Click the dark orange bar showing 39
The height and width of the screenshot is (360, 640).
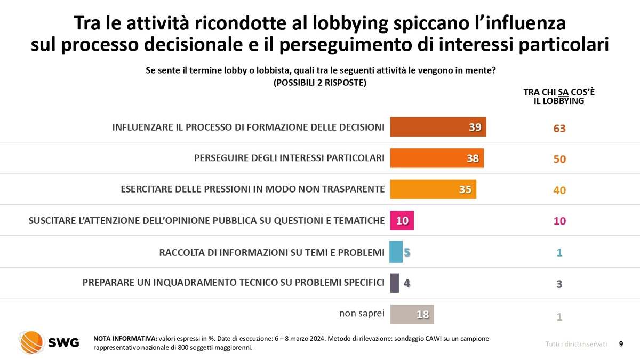click(x=438, y=127)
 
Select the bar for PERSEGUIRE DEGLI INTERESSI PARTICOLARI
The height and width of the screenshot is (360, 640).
click(x=437, y=158)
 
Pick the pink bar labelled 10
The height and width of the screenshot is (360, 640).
click(x=402, y=221)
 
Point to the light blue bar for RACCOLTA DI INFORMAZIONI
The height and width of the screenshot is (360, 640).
click(x=396, y=252)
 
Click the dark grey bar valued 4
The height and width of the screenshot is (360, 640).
click(x=395, y=283)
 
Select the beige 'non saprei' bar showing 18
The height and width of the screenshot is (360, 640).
click(x=412, y=314)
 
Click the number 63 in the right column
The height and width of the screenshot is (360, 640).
click(x=559, y=129)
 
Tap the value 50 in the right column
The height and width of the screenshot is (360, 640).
click(x=559, y=159)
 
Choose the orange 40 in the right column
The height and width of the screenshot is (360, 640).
click(x=559, y=190)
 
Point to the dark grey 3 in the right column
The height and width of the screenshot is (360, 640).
click(x=559, y=284)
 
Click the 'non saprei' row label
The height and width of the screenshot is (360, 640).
click(x=362, y=314)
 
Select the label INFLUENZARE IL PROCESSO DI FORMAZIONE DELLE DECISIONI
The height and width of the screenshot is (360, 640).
click(x=248, y=127)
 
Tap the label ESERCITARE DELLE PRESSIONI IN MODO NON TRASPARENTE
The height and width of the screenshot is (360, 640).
click(x=252, y=189)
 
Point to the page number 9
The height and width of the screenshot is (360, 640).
click(x=621, y=344)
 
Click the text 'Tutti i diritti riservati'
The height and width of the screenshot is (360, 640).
click(x=576, y=345)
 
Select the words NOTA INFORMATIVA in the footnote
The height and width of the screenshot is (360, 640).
click(x=125, y=339)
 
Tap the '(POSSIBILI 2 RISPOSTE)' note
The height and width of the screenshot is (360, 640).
click(x=319, y=83)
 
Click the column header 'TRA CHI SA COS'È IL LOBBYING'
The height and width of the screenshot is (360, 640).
click(x=559, y=96)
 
